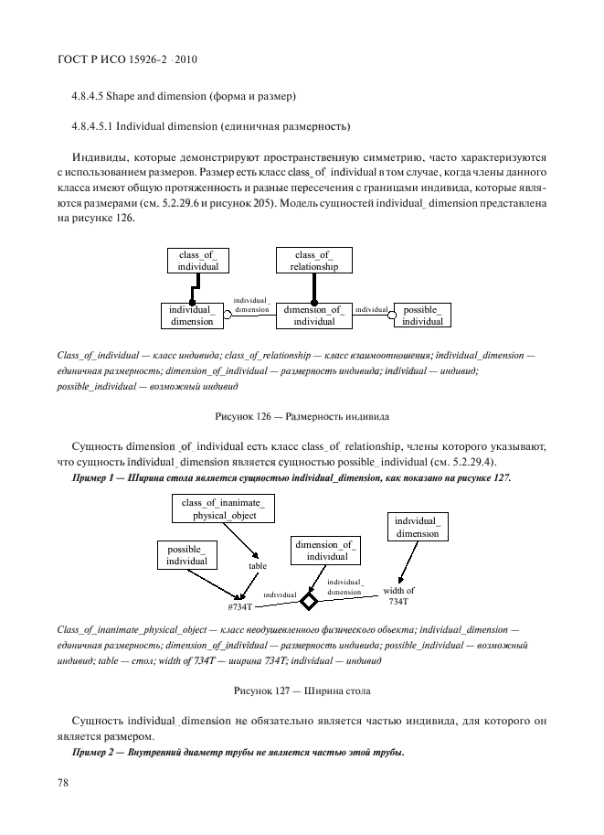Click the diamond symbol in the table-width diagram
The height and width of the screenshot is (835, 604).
point(309,601)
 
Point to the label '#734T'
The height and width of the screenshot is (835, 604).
point(240,607)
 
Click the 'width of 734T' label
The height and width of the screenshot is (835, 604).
point(398,595)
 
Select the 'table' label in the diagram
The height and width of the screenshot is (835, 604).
point(257,566)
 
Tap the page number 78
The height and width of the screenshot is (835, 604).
point(64,782)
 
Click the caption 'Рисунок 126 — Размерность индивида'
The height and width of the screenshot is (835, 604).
point(302,417)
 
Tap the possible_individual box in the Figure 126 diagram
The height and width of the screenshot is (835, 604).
point(422,316)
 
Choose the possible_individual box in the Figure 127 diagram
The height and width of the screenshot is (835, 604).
point(186,554)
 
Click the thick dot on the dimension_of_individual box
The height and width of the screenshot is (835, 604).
point(313,302)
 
